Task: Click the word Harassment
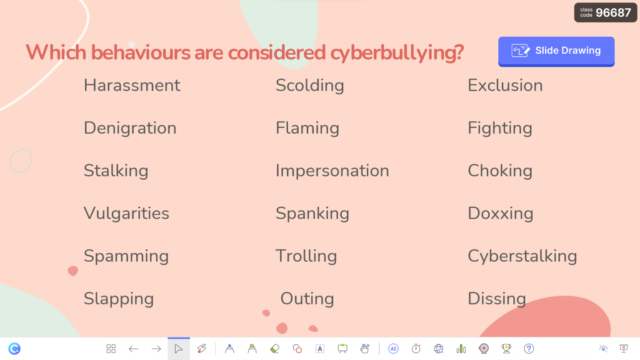coord(132,85)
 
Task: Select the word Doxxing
coord(500,213)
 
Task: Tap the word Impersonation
coord(332,171)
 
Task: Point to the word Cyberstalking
coord(522,256)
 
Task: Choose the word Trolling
coord(306,256)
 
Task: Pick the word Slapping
coord(119,299)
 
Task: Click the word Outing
coord(307,299)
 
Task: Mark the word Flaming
coord(307,128)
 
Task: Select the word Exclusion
coord(505,85)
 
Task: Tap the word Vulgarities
coord(126,213)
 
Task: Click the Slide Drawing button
coord(556,51)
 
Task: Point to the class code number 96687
coord(613,12)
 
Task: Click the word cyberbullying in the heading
coord(396,53)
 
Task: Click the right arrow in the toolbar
coord(156,349)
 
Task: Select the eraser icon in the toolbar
coord(275,349)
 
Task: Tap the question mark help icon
coord(529,349)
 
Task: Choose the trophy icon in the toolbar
coord(506,349)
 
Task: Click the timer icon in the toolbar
coord(416,349)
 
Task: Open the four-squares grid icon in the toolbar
coord(111,349)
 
